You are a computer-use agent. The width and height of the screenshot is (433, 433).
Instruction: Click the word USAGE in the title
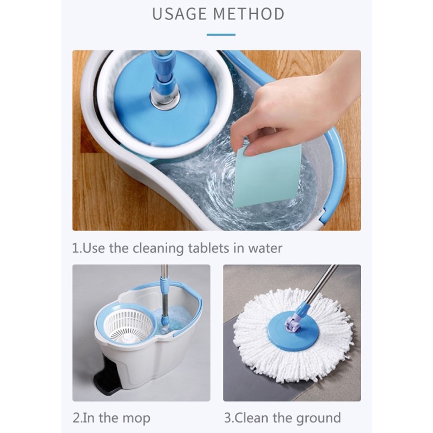coord(179,14)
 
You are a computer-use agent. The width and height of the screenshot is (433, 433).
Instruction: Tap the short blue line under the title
coord(221,35)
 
